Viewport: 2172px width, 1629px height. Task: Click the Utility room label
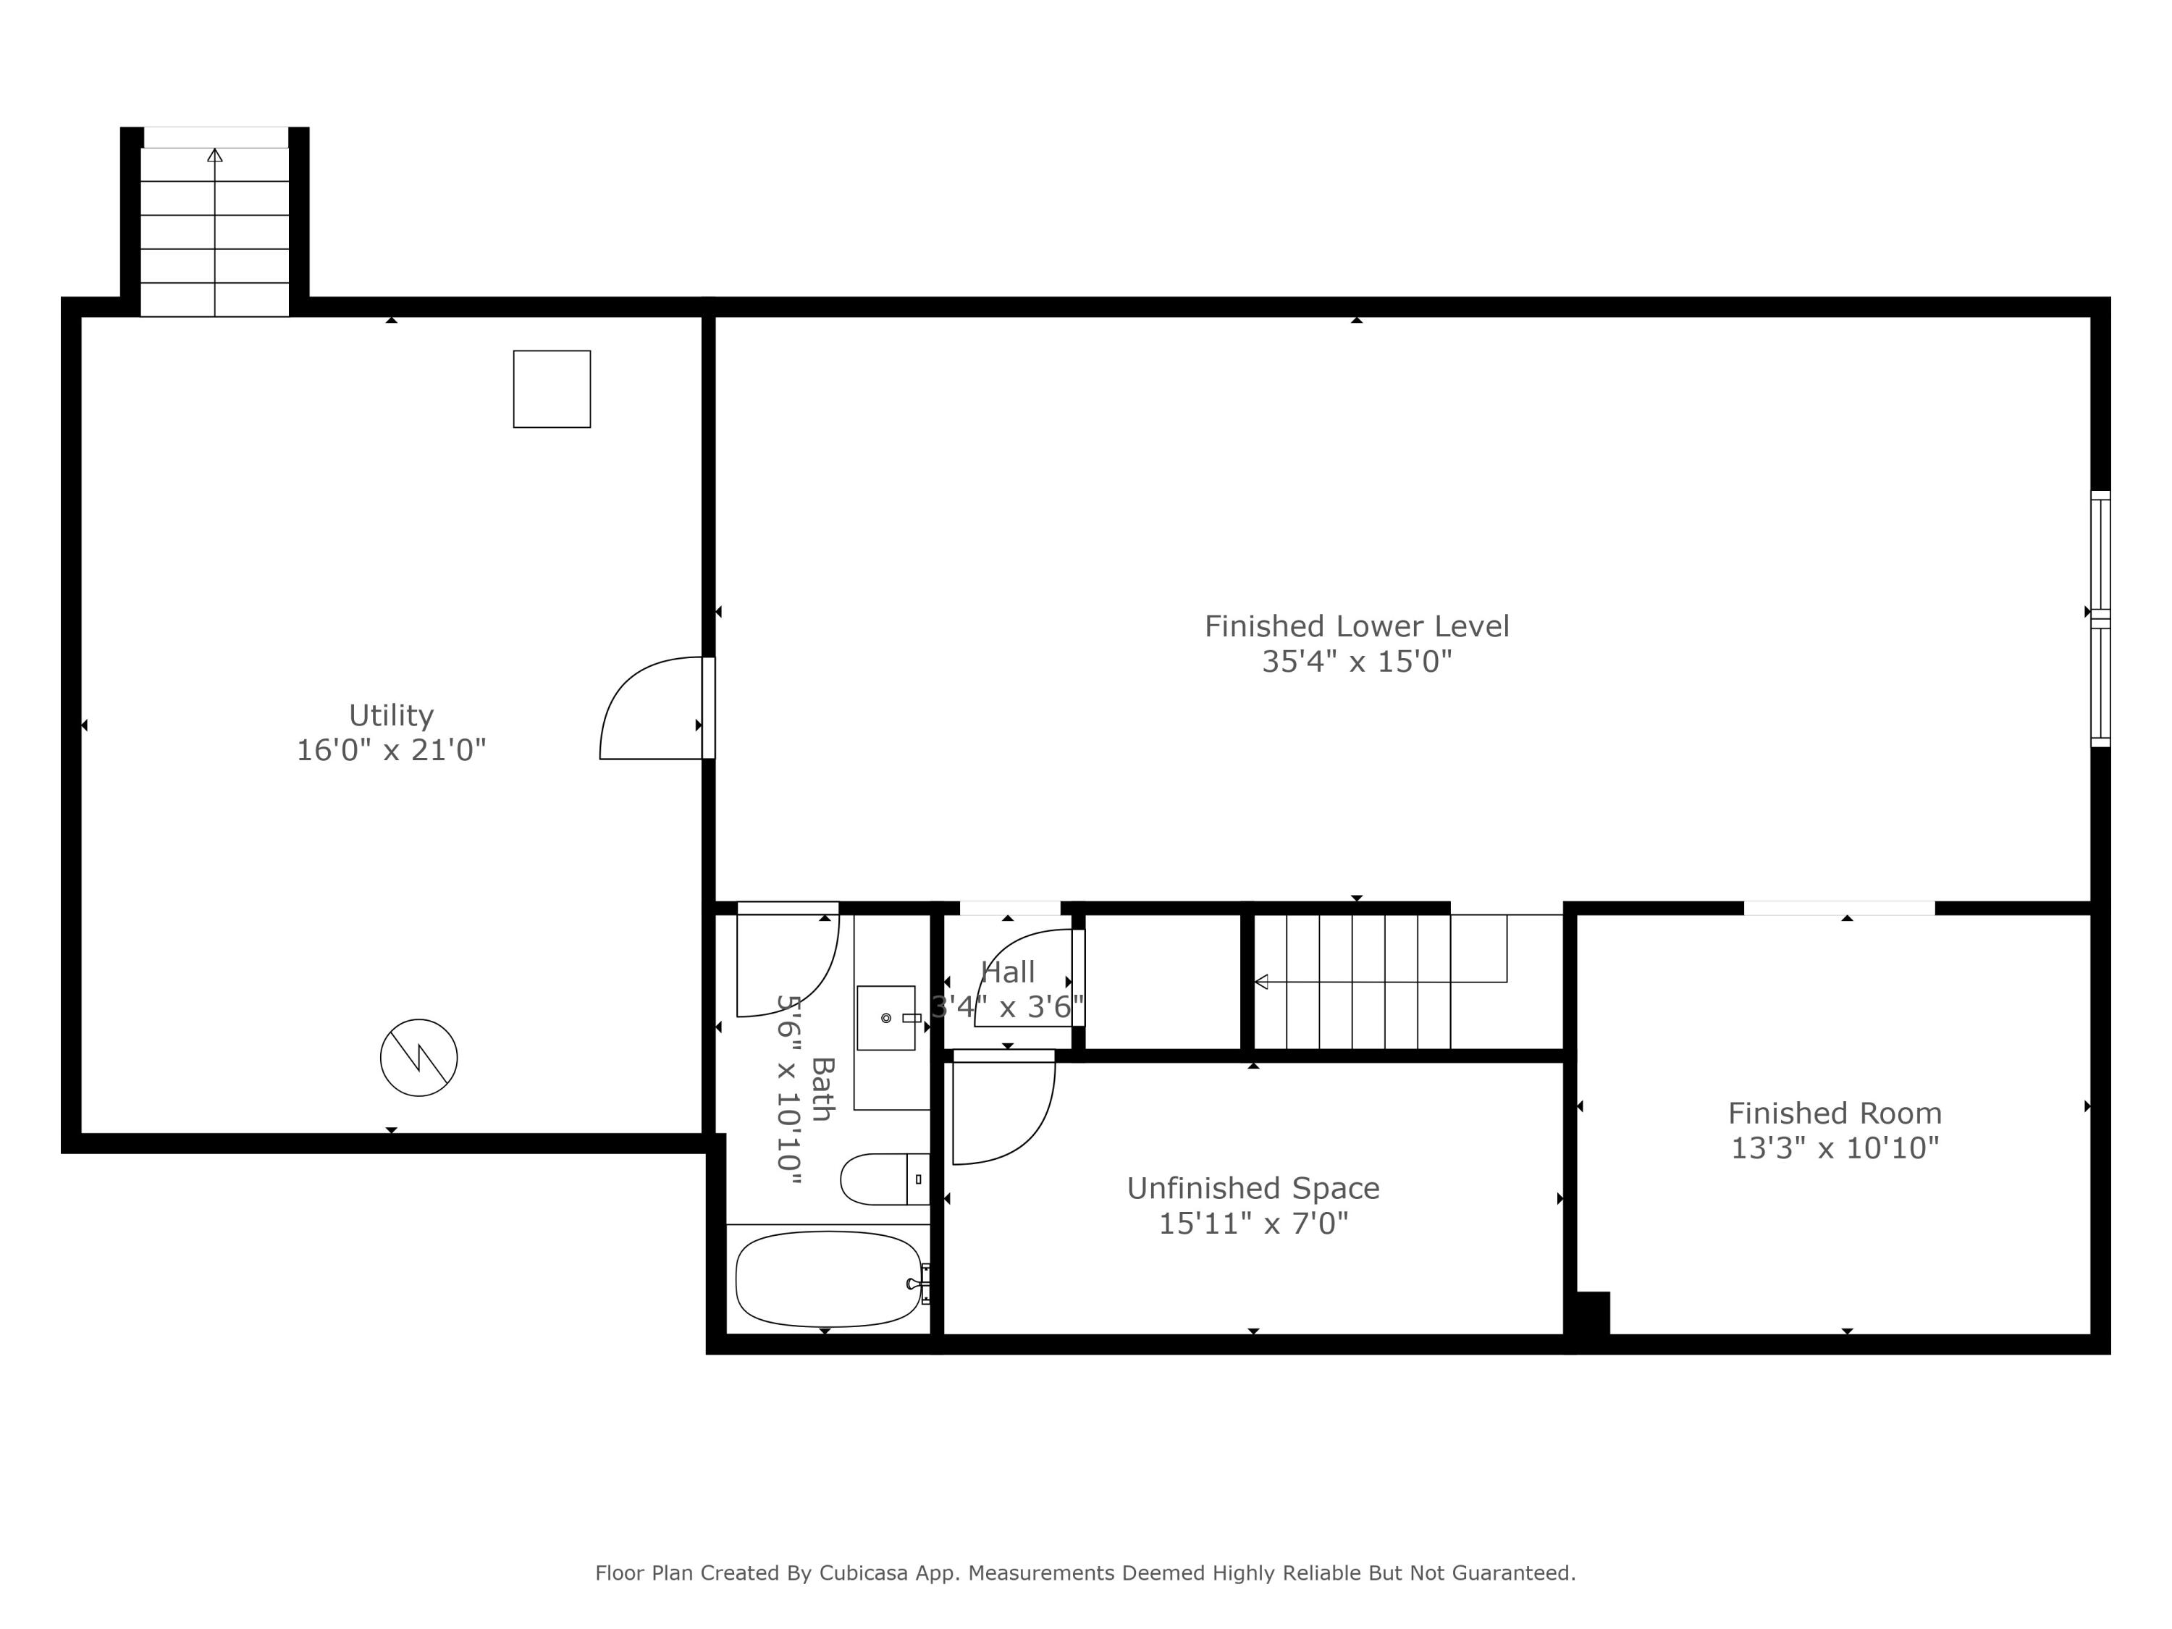(391, 714)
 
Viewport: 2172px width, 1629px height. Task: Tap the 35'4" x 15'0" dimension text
(1356, 662)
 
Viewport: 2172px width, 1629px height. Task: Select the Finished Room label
(1834, 1113)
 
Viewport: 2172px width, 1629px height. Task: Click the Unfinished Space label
(1253, 1188)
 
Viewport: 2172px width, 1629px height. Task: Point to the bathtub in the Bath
(828, 1279)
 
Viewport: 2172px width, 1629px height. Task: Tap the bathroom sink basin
(885, 1018)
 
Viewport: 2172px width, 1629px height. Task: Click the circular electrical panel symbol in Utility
(419, 1058)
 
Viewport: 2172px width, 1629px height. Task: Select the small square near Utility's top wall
(552, 389)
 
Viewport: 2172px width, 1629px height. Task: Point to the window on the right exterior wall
(2100, 618)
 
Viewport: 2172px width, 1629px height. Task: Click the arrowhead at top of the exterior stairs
(215, 155)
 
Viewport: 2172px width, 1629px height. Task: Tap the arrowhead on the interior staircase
(1262, 982)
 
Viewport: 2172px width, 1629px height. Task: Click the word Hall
(1008, 972)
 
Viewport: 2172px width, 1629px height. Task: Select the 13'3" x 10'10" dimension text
(1834, 1148)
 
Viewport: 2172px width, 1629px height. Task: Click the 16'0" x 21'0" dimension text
(391, 750)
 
